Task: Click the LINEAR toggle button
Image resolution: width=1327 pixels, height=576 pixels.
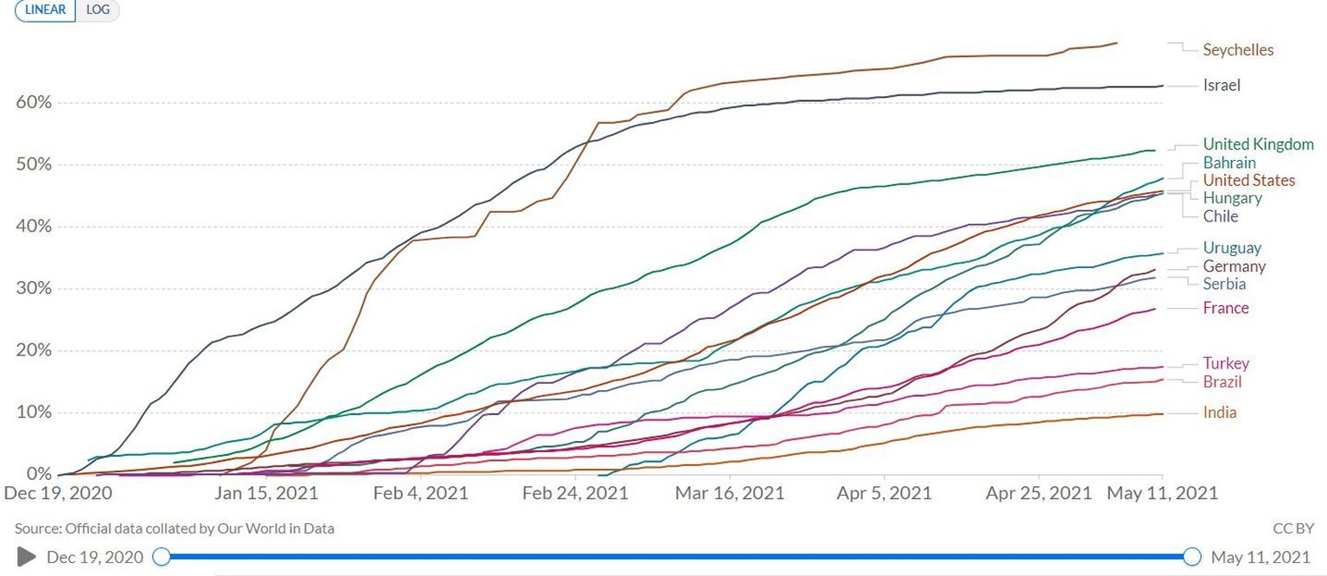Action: (45, 10)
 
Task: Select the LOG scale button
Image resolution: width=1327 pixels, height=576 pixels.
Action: (98, 10)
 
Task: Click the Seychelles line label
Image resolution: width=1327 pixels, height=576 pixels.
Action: (1238, 50)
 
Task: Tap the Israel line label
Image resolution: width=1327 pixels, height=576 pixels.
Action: (1222, 85)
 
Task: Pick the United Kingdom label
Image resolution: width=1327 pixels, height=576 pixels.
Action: (1258, 144)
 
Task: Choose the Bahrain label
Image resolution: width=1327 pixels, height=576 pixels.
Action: (1229, 163)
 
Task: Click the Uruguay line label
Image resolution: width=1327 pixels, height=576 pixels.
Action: (1232, 248)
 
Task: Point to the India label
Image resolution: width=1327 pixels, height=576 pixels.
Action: (1219, 413)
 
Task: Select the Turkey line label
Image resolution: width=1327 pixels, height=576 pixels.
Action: (1226, 364)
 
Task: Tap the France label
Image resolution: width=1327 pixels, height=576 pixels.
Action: (1226, 308)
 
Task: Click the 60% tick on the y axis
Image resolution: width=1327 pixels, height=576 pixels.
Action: (34, 103)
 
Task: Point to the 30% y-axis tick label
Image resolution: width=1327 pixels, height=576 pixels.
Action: (34, 289)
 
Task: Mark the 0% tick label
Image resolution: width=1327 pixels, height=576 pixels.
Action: (38, 475)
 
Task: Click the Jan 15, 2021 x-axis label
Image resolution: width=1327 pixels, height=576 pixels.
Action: (267, 494)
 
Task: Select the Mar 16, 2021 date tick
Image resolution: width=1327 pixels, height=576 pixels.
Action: (730, 494)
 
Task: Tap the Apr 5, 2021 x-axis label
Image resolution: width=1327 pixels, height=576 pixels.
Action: (885, 494)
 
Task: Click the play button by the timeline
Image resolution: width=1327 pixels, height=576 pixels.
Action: (27, 556)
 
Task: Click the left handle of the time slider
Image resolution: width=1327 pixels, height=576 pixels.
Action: (161, 557)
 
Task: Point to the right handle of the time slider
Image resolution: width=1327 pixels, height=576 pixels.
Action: (1192, 557)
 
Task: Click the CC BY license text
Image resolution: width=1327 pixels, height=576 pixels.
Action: (1293, 528)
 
